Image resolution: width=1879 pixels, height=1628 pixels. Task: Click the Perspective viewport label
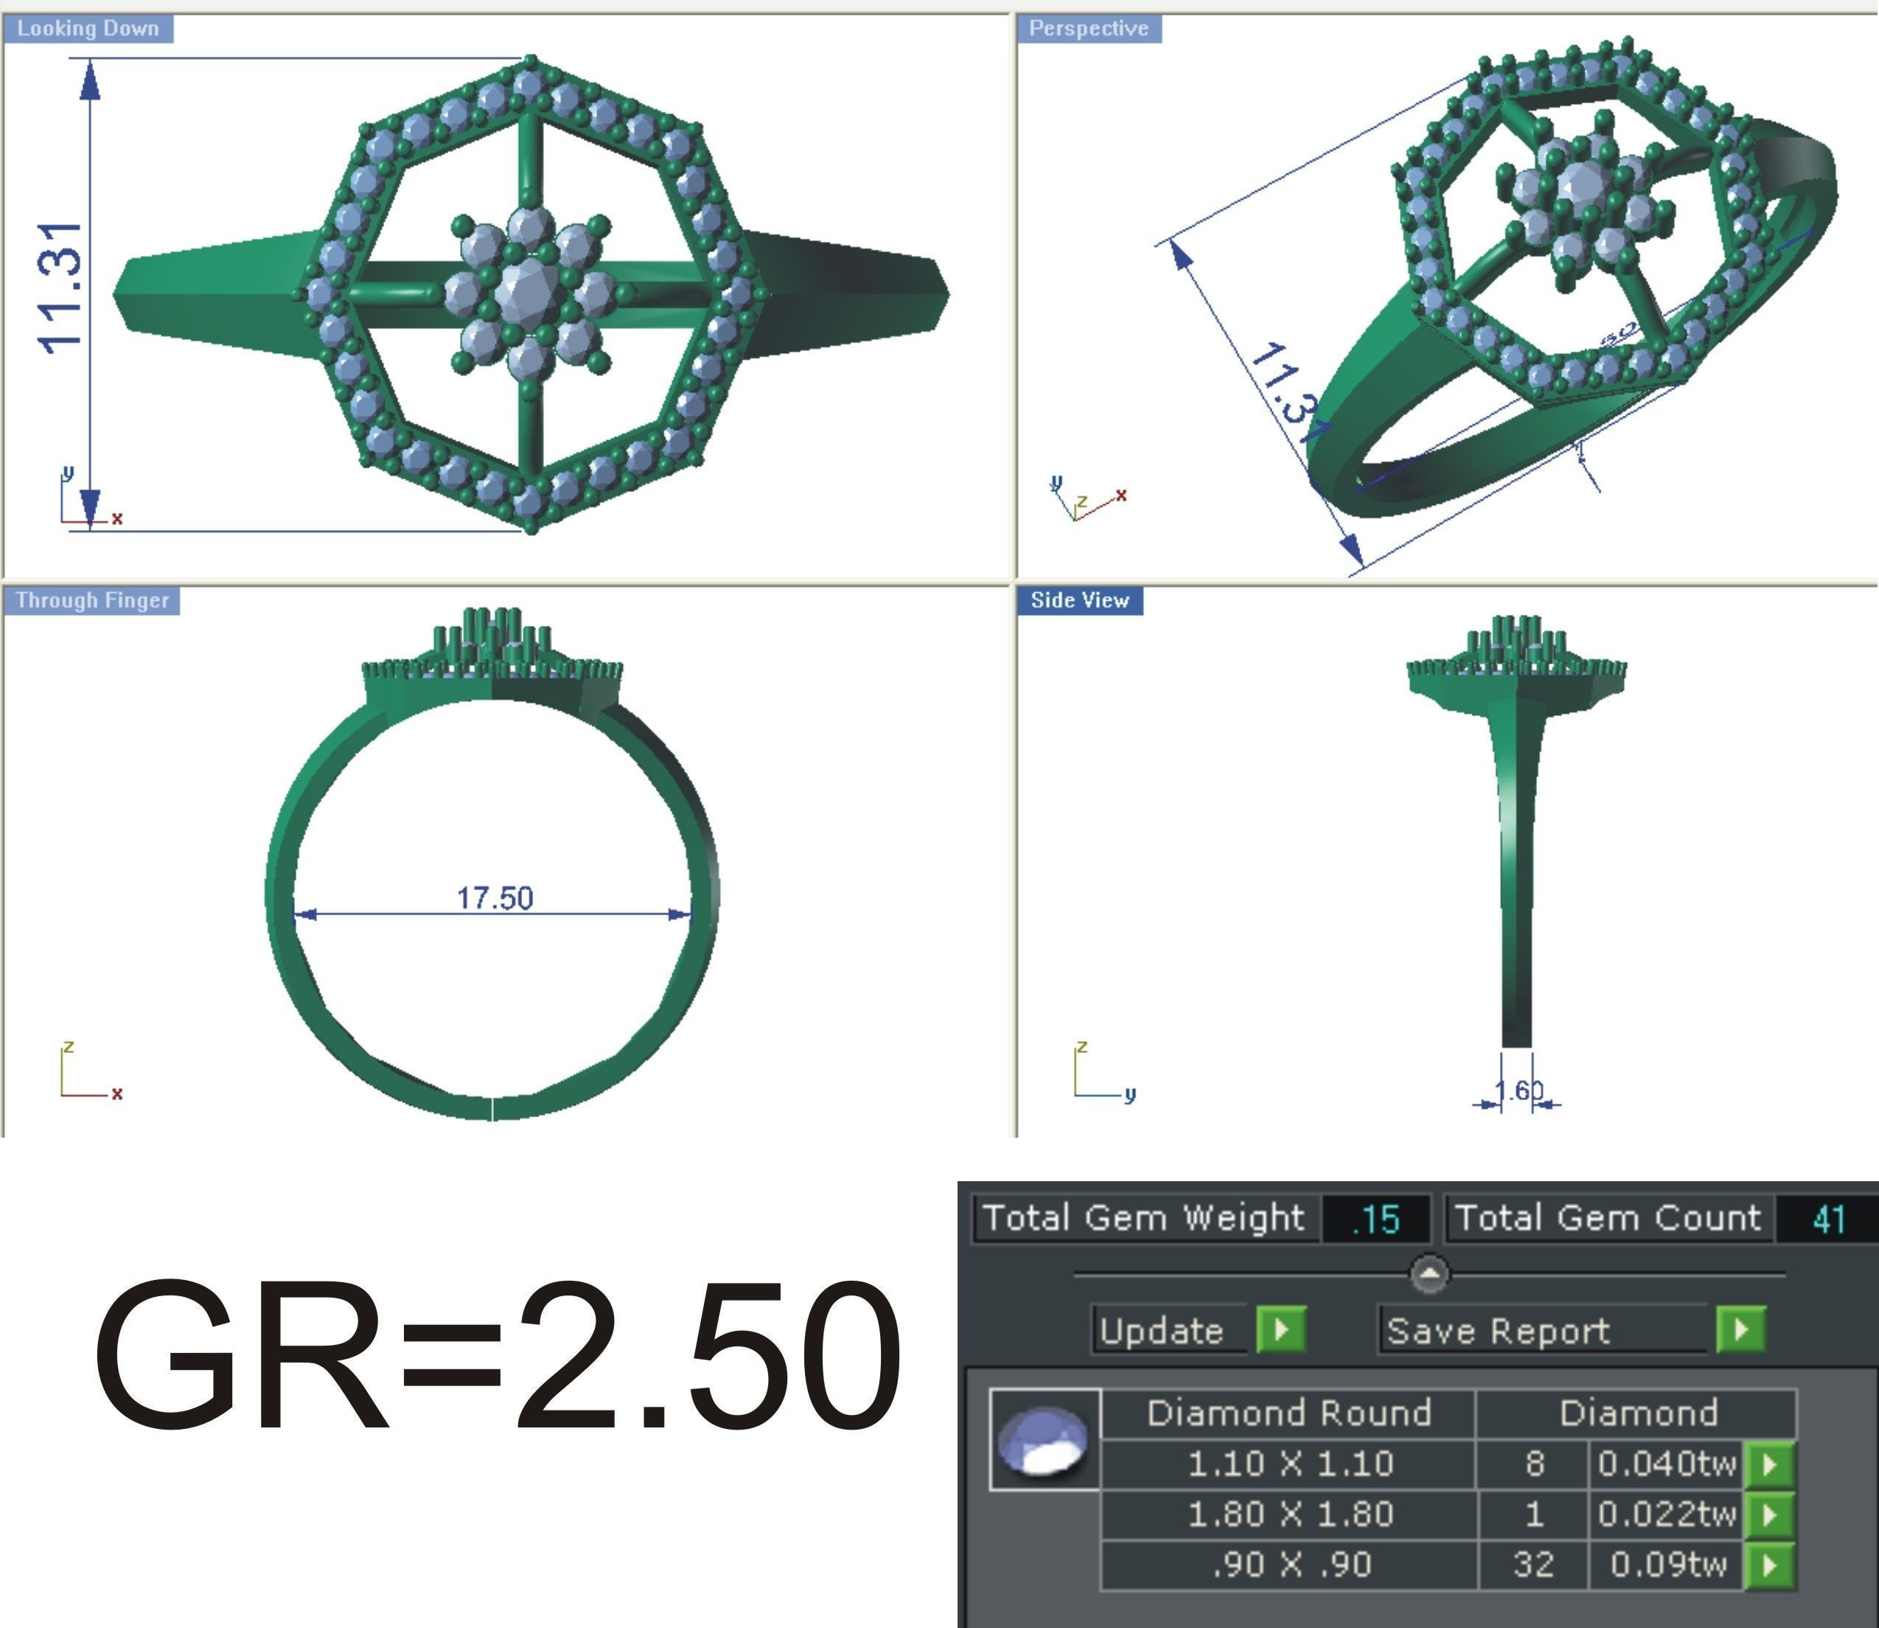click(1088, 29)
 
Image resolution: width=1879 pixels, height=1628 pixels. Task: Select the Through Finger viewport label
click(91, 600)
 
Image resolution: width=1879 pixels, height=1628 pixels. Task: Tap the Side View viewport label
click(1079, 600)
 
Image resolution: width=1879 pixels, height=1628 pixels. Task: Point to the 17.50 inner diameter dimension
click(494, 897)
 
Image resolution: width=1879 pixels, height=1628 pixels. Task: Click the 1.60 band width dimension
click(1519, 1090)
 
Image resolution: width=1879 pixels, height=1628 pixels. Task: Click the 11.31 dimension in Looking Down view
click(61, 287)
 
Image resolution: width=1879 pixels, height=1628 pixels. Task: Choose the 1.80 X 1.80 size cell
click(1289, 1514)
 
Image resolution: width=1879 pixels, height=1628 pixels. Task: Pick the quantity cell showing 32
click(1533, 1565)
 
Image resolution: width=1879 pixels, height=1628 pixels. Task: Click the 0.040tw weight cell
click(1665, 1464)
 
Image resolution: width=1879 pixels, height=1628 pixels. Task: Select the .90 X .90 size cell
click(1289, 1565)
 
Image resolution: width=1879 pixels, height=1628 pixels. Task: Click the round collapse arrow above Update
click(1429, 1273)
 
